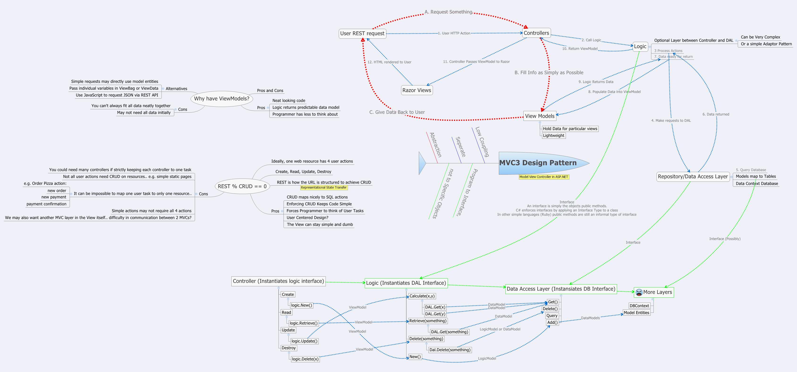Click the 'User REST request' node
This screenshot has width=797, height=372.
tap(362, 33)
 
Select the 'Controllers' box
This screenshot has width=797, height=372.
tap(536, 33)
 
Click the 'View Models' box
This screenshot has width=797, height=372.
tap(540, 116)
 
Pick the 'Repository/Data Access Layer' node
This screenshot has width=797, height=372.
tap(693, 177)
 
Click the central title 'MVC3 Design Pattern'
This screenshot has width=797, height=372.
tap(538, 163)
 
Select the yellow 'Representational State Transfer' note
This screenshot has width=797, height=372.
tap(324, 187)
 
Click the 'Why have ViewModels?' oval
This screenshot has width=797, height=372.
tap(221, 99)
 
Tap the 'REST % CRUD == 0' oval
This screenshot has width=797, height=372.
tap(242, 186)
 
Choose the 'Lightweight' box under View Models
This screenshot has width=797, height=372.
tap(554, 135)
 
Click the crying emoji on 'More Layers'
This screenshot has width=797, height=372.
tap(639, 292)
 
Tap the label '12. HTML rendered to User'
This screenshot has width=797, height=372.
tap(389, 62)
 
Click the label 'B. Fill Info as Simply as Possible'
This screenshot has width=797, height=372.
tap(549, 73)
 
